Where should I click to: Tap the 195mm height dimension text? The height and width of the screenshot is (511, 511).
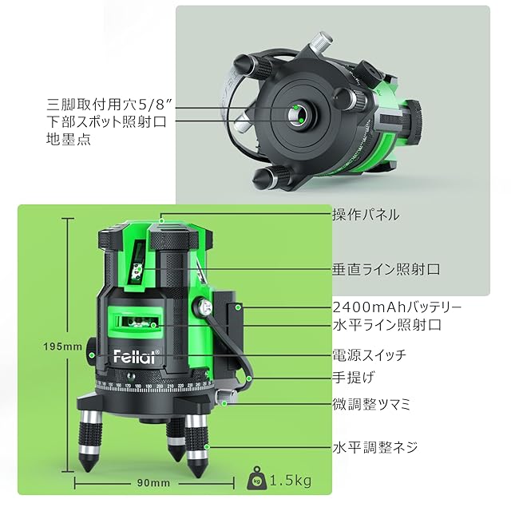63,347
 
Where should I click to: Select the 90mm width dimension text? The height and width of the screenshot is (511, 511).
153,482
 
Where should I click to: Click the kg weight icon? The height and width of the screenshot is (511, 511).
257,478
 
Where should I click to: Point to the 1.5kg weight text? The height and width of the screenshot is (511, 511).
291,481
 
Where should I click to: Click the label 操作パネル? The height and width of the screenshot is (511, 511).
366,215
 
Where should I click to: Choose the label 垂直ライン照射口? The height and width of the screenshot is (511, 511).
386,270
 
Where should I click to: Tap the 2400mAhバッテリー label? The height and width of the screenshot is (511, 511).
397,307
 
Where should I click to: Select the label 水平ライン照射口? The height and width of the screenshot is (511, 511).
386,325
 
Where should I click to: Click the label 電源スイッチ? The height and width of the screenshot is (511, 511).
370,355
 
